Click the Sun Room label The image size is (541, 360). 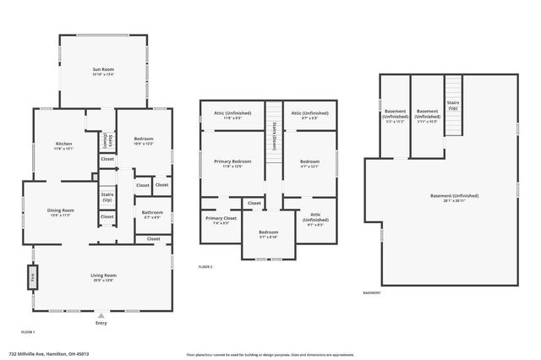[103, 71]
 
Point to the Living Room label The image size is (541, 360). [103, 277]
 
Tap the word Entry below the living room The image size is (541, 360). [101, 324]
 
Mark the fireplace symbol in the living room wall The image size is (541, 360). [33, 277]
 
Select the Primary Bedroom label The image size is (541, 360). [232, 162]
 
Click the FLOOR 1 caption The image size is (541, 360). [28, 332]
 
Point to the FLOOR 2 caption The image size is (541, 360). [205, 266]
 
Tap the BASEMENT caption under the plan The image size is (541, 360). [372, 293]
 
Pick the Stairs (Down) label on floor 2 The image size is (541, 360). [274, 137]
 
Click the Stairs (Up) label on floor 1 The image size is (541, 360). [107, 197]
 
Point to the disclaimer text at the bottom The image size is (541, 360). [270, 354]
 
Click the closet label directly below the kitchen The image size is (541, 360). [107, 159]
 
